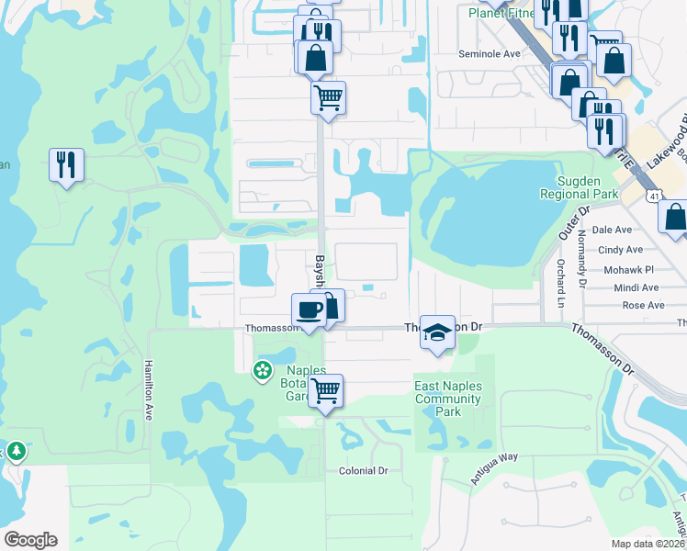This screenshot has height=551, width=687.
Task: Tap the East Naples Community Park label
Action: coord(448,399)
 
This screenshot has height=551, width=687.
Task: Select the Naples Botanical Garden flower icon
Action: coord(262,370)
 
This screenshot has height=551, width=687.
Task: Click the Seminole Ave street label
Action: coord(490,54)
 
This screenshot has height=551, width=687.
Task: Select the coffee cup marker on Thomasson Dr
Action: coord(309,310)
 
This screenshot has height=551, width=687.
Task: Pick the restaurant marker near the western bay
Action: coord(66,165)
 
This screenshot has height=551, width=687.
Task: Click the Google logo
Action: coord(30,540)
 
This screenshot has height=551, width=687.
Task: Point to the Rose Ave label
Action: coord(643,305)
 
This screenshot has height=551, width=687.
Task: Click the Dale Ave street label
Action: coord(613,230)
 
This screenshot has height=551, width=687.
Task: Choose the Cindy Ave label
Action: coord(620,250)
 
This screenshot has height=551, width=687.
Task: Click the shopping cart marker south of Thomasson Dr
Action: coord(325,390)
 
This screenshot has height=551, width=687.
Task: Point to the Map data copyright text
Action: coord(648,544)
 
